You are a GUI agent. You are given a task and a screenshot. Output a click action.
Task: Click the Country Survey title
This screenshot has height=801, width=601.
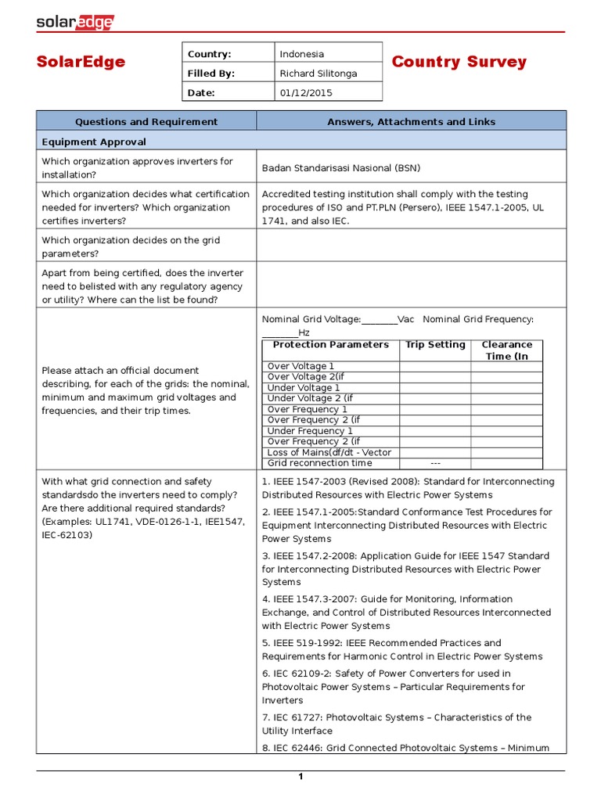click(459, 62)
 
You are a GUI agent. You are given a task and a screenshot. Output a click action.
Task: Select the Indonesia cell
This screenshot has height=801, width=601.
click(302, 54)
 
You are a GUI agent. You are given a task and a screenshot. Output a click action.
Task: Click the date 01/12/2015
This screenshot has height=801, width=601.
click(306, 92)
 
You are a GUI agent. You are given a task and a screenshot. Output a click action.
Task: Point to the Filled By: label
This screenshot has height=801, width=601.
click(211, 74)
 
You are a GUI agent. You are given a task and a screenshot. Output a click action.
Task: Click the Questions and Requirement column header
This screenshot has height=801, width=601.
click(146, 121)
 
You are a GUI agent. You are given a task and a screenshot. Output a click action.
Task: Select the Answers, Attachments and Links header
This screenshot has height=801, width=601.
click(411, 121)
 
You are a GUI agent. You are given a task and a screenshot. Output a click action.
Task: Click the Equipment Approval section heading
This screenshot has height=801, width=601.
click(94, 142)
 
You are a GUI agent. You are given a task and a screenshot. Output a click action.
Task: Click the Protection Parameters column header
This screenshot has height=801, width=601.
click(330, 345)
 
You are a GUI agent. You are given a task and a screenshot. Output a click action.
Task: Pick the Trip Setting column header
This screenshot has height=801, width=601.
click(435, 345)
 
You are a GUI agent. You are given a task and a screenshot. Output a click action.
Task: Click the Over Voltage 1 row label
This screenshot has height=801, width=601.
click(300, 366)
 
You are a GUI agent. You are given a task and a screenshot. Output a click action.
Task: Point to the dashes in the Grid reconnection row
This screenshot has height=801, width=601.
click(435, 463)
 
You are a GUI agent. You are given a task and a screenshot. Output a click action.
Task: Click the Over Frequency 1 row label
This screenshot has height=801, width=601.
click(308, 409)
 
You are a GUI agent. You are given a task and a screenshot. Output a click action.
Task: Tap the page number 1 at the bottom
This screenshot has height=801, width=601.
click(300, 777)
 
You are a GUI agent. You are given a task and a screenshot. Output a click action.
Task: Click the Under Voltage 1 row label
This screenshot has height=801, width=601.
click(304, 388)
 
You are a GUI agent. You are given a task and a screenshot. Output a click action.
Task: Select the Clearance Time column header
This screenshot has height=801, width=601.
click(506, 350)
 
